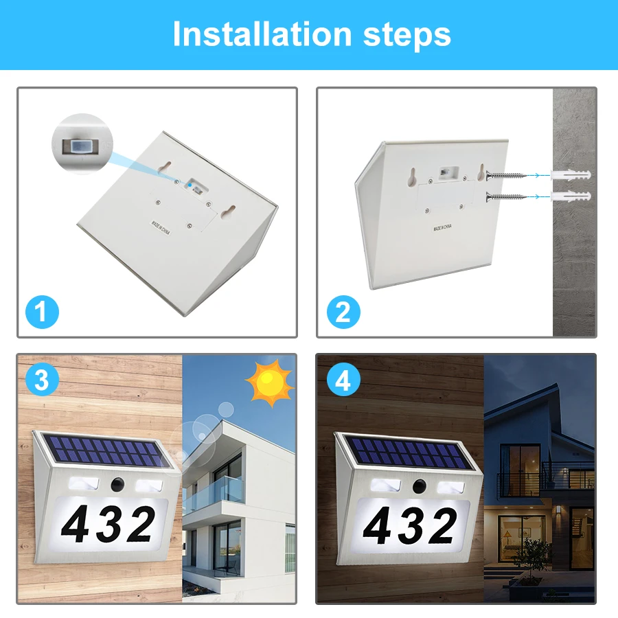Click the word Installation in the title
(x=262, y=34)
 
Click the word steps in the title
(x=407, y=36)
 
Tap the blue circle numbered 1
(x=42, y=312)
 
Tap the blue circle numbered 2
(x=343, y=312)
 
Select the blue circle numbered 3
(x=42, y=380)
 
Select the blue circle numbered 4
(x=343, y=380)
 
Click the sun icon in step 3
(x=270, y=382)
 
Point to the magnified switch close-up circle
(x=82, y=144)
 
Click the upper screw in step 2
(x=507, y=175)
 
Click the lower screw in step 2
(x=507, y=197)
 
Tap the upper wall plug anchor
(x=571, y=175)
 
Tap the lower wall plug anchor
(x=571, y=196)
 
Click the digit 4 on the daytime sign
(x=76, y=524)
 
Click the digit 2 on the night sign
(x=443, y=526)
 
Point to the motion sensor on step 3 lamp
(x=117, y=484)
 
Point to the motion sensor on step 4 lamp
(x=420, y=486)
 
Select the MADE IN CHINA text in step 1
(x=161, y=228)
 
